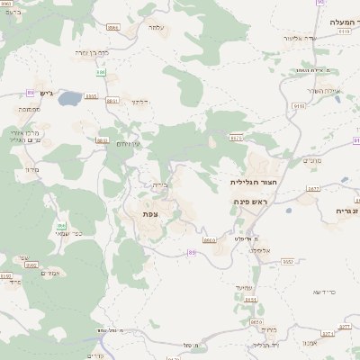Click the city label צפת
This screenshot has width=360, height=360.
click(150, 214)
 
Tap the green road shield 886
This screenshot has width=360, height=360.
click(102, 72)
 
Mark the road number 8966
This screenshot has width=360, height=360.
click(113, 29)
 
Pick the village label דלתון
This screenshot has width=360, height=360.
click(139, 102)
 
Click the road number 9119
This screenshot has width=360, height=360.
click(344, 31)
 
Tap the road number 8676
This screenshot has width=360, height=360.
click(237, 138)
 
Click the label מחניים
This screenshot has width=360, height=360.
click(311, 160)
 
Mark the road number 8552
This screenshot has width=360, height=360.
click(288, 261)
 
